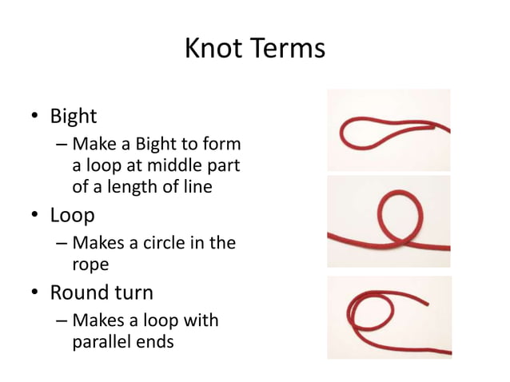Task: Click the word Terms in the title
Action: click(288, 50)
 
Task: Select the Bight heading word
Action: click(74, 117)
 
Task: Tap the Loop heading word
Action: click(73, 216)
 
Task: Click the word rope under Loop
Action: click(90, 262)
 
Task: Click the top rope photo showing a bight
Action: click(389, 129)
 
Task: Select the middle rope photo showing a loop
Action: click(389, 221)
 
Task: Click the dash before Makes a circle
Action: click(62, 243)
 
